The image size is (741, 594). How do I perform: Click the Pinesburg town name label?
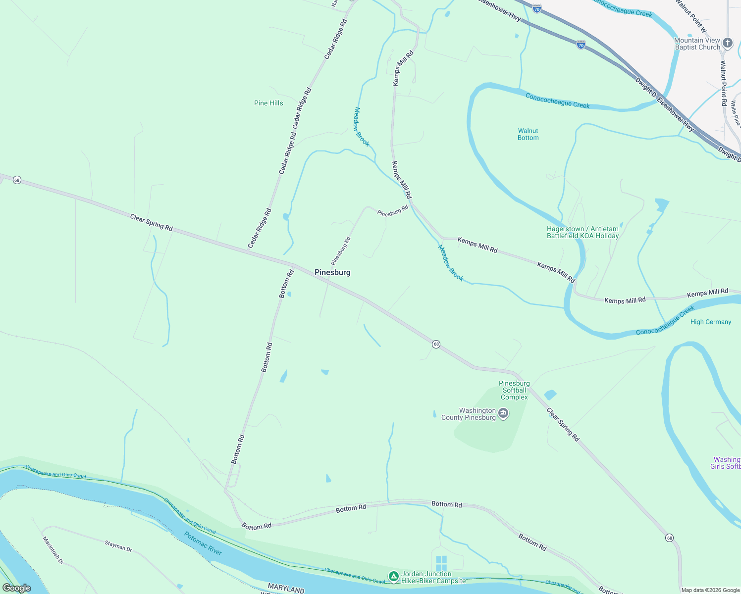pyautogui.click(x=332, y=272)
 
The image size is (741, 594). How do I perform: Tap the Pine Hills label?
pyautogui.click(x=268, y=103)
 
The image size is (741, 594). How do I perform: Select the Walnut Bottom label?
pyautogui.click(x=528, y=134)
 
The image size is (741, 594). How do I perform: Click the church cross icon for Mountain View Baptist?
pyautogui.click(x=727, y=43)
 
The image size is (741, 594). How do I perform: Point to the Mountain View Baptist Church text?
pyautogui.click(x=697, y=44)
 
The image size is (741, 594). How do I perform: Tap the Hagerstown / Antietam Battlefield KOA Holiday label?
pyautogui.click(x=582, y=232)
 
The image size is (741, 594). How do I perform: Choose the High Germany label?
pyautogui.click(x=711, y=322)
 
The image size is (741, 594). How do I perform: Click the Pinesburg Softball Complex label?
pyautogui.click(x=514, y=390)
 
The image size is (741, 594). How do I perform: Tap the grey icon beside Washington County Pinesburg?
pyautogui.click(x=503, y=413)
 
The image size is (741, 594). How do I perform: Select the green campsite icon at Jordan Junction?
pyautogui.click(x=393, y=577)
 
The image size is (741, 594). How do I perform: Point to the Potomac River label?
pyautogui.click(x=203, y=543)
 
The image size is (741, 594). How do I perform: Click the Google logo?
pyautogui.click(x=16, y=588)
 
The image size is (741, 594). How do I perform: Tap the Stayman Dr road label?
pyautogui.click(x=118, y=546)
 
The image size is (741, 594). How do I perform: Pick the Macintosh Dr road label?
pyautogui.click(x=53, y=550)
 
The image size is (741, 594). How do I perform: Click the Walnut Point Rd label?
pyautogui.click(x=724, y=83)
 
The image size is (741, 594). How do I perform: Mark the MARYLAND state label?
pyautogui.click(x=286, y=589)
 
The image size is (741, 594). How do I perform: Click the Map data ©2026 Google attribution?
pyautogui.click(x=710, y=590)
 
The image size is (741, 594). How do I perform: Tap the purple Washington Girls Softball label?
pyautogui.click(x=727, y=463)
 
